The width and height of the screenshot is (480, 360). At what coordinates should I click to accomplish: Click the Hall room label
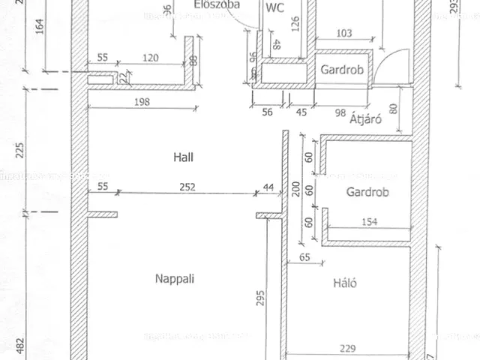tap(183, 157)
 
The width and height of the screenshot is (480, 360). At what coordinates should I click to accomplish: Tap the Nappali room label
tap(175, 278)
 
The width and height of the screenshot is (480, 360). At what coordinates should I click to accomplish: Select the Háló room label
tap(344, 283)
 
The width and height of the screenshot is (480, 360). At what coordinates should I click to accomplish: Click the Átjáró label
tap(367, 118)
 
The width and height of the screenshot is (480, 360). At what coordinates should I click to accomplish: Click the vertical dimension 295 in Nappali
tap(259, 299)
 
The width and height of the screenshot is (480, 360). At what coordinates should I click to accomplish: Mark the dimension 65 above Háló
tap(304, 257)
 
